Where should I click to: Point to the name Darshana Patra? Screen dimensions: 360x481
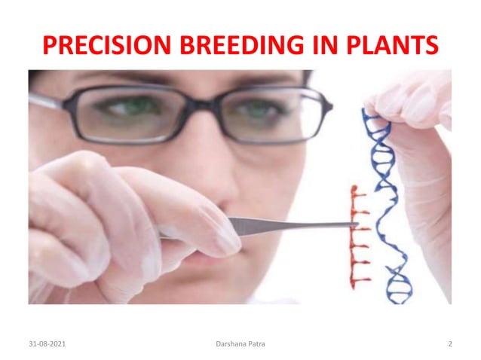pyautogui.click(x=240, y=344)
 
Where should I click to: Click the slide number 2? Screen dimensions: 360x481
pyautogui.click(x=449, y=344)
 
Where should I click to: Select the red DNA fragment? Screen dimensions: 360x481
pyautogui.click(x=357, y=233)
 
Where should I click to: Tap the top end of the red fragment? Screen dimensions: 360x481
pyautogui.click(x=355, y=187)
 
